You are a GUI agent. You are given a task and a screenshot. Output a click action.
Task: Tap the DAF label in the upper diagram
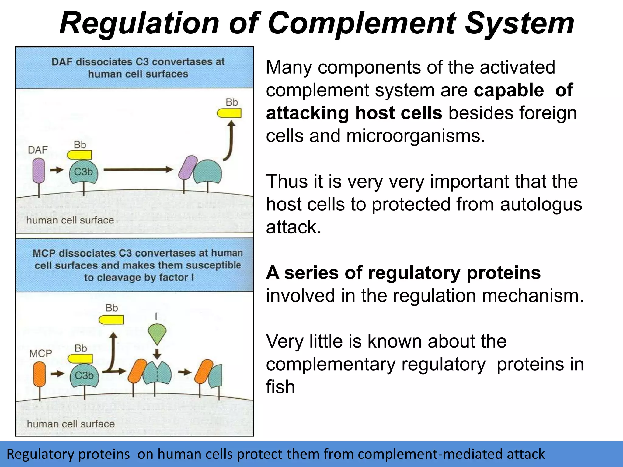[x=38, y=150]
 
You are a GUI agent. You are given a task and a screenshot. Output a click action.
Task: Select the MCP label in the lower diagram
[x=40, y=353]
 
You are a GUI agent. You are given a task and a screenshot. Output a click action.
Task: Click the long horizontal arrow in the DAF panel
[x=138, y=170]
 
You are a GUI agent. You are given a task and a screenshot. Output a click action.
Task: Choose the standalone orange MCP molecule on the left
[x=40, y=374]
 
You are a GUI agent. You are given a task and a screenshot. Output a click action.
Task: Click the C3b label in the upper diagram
[x=83, y=172]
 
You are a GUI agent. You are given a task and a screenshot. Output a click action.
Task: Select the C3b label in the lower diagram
[x=84, y=375]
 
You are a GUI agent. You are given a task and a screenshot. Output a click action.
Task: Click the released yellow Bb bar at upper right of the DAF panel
[x=229, y=113]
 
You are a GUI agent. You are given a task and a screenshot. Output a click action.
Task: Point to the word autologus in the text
[x=541, y=204]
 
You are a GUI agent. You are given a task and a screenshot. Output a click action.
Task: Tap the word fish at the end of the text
[x=280, y=387]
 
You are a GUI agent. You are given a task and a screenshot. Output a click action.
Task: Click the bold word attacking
[x=307, y=113]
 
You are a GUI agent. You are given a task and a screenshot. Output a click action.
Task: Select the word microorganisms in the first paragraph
[x=415, y=136]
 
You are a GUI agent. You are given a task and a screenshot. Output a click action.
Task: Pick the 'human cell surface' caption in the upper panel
[x=70, y=220]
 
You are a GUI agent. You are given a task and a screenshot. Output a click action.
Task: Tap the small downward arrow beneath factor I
[x=157, y=354]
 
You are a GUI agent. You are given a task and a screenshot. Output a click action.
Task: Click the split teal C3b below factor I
[x=157, y=373]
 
